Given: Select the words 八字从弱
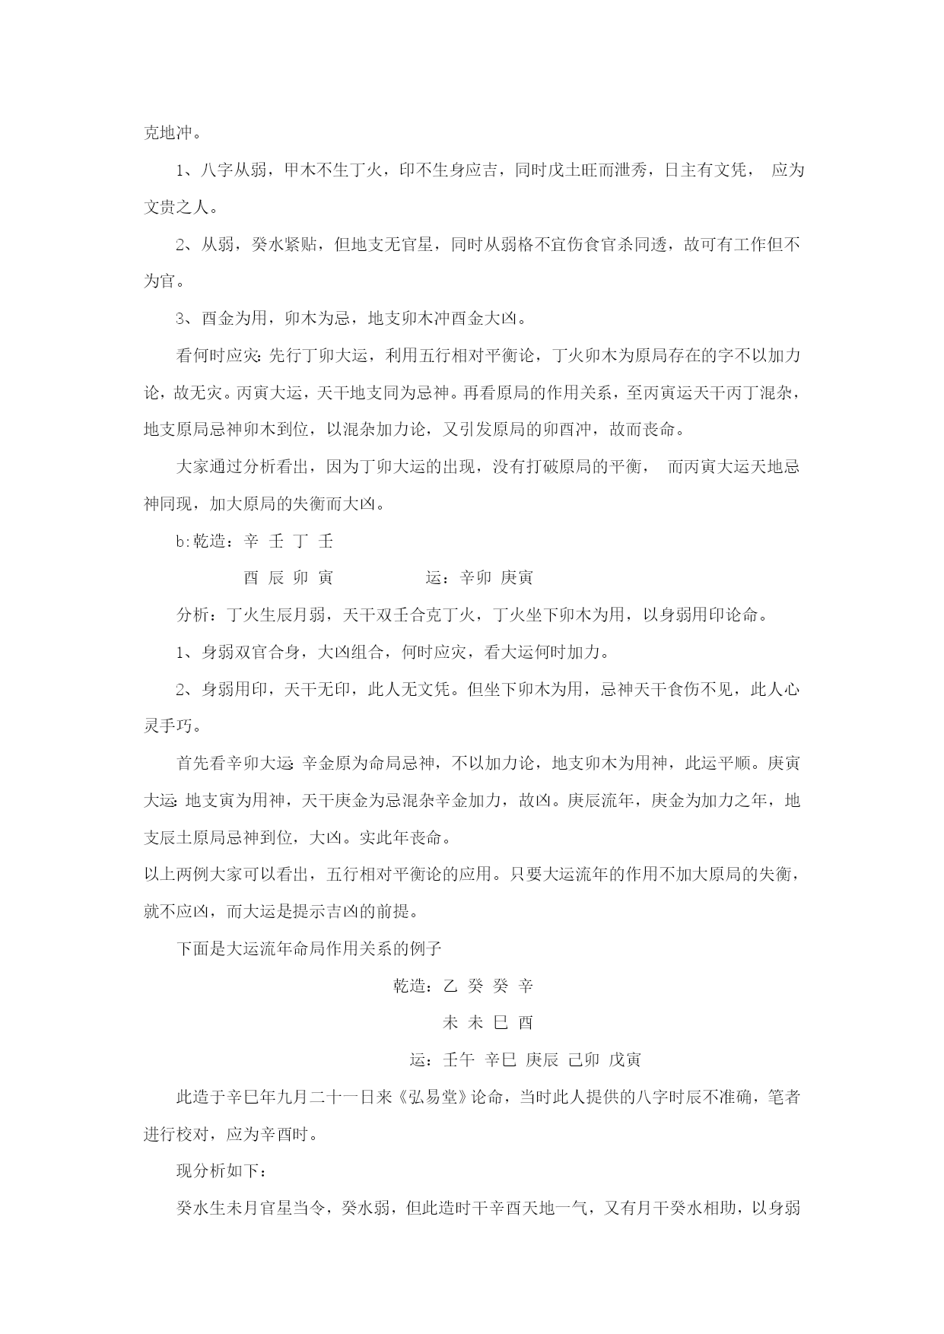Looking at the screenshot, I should click(234, 170).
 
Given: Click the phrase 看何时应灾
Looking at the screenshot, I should click(218, 355).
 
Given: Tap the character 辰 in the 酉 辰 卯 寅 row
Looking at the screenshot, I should click(276, 578).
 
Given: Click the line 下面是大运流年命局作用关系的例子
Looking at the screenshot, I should click(309, 948).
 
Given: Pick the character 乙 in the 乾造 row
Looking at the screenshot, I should click(450, 986).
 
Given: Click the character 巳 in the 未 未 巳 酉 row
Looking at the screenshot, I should click(501, 1022).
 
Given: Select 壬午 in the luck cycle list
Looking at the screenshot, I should click(459, 1059).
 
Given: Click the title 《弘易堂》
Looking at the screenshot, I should click(432, 1097).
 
